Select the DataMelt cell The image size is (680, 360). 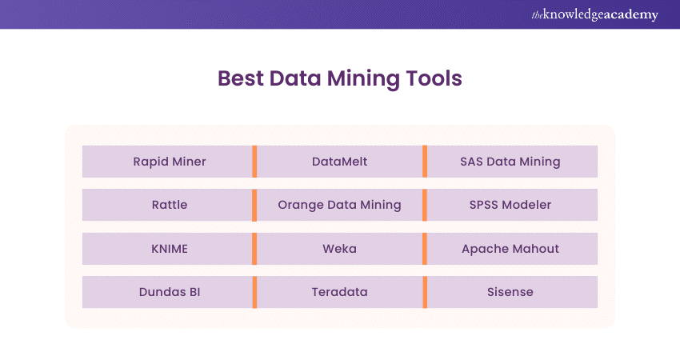click(x=339, y=162)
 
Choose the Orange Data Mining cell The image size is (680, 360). click(x=339, y=205)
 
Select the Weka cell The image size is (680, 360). click(x=339, y=249)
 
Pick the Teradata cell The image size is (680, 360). click(x=339, y=292)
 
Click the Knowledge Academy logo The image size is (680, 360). click(x=595, y=14)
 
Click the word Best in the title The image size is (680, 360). click(x=241, y=78)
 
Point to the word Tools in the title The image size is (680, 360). click(x=434, y=78)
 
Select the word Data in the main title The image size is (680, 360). click(x=295, y=78)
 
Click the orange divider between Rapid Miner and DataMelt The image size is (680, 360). click(x=254, y=162)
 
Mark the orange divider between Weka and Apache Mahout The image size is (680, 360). click(x=425, y=249)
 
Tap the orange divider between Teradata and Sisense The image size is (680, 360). click(x=425, y=292)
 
